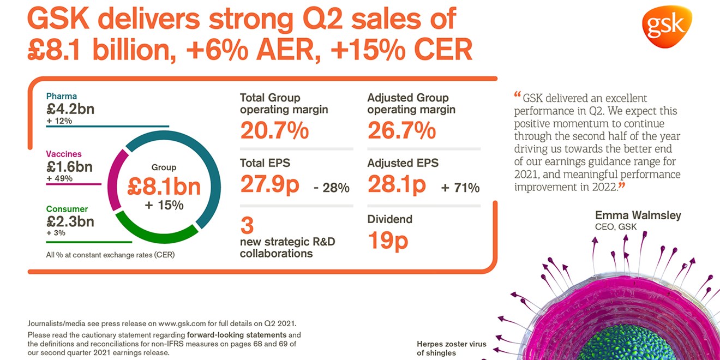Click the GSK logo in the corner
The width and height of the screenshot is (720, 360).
tap(667, 26)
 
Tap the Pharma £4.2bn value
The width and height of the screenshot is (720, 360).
tap(70, 109)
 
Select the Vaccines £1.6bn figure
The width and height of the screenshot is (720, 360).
tap(69, 166)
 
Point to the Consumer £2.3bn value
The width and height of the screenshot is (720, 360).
tap(70, 221)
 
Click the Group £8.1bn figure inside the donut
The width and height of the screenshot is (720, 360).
tap(164, 187)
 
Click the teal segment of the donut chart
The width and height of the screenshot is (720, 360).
tap(207, 164)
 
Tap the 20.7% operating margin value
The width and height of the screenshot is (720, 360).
tap(274, 131)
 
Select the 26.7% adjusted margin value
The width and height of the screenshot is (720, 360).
tap(401, 131)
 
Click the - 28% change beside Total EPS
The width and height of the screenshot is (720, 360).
tap(332, 188)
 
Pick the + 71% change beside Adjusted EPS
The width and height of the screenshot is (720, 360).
tap(460, 188)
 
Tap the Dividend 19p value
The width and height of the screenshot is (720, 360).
tap(388, 240)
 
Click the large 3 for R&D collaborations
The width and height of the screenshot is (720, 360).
tap(247, 225)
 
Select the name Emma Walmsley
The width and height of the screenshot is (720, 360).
tap(638, 215)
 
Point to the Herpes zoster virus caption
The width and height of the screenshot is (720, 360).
tap(451, 344)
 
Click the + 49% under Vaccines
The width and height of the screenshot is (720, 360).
tap(59, 178)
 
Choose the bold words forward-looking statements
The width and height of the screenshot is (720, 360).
tap(236, 334)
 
